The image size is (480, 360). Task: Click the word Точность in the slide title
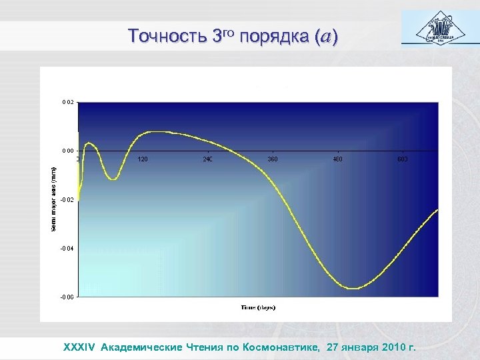click(x=167, y=37)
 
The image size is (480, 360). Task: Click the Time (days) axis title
click(x=258, y=307)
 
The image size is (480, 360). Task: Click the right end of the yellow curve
click(x=437, y=210)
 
